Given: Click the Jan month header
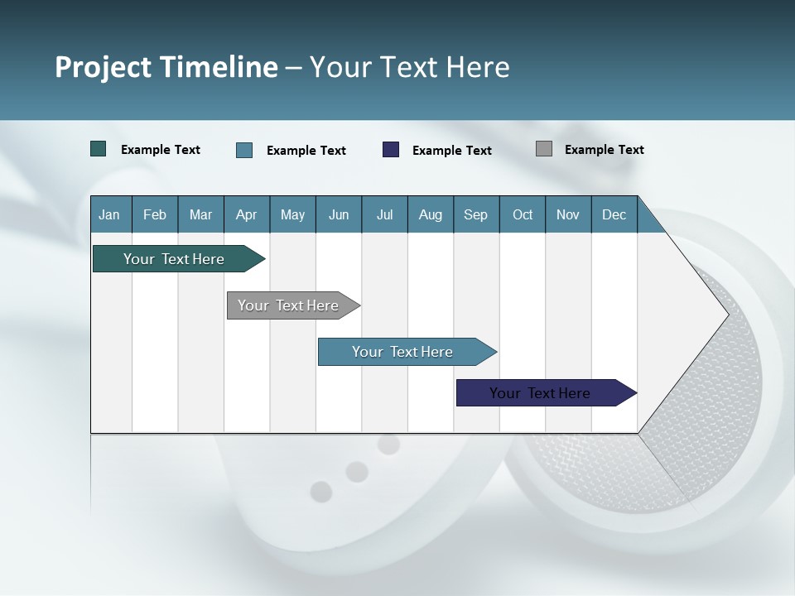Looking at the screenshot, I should tap(109, 214).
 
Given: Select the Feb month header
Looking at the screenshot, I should tap(155, 214).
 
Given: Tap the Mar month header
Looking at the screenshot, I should tap(200, 214).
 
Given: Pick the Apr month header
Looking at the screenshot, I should tap(246, 214).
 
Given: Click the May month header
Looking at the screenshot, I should tap(292, 214).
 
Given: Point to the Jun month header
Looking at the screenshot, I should tap(339, 214).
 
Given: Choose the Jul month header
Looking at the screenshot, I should tap(384, 214).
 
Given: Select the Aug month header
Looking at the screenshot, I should tap(430, 214).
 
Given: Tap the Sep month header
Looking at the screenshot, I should tap(475, 214).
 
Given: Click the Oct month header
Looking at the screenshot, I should tap(523, 214).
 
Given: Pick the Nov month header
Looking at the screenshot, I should tap(568, 214).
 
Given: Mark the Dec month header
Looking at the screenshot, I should tap(614, 214).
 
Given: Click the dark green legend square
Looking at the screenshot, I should tap(99, 149).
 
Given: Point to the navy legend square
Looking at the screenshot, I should tap(391, 150).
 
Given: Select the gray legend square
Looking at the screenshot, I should tap(544, 149).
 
